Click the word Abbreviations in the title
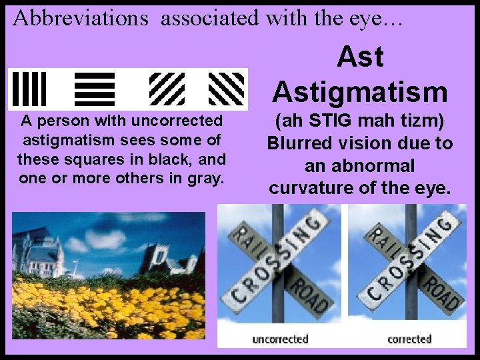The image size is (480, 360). pos(80,18)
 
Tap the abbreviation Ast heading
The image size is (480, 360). pos(360,57)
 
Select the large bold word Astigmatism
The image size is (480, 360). pos(360,91)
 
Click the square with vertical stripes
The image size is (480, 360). pos(29,89)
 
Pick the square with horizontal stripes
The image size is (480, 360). pos(95,89)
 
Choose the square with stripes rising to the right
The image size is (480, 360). pos(166,89)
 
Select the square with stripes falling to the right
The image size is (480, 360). pos(226,89)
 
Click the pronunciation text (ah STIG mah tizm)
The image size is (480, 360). pos(360,122)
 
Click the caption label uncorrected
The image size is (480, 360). pos(280,339)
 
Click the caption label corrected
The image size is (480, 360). pos(409,339)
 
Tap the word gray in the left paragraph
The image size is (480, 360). pos(204,178)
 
